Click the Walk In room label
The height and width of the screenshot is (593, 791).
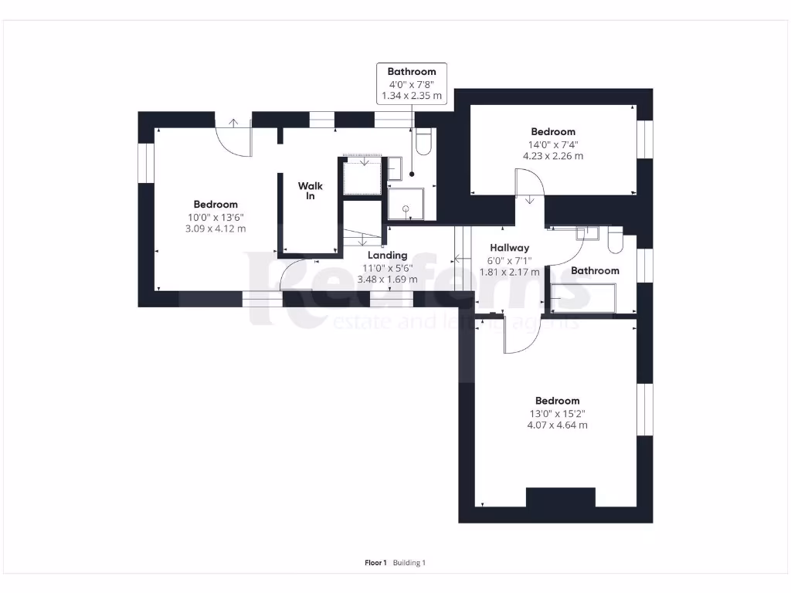pyautogui.click(x=311, y=191)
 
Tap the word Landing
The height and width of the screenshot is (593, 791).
pyautogui.click(x=387, y=256)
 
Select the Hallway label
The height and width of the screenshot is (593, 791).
pyautogui.click(x=509, y=248)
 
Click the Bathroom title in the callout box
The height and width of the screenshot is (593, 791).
pyautogui.click(x=412, y=72)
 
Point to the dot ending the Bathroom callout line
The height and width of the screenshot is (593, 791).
pyautogui.click(x=412, y=175)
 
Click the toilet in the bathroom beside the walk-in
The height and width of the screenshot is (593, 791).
pyautogui.click(x=423, y=142)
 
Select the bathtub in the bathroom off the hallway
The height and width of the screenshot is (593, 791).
pyautogui.click(x=583, y=298)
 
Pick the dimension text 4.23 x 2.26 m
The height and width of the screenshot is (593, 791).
pyautogui.click(x=553, y=156)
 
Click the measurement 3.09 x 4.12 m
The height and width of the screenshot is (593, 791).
pyautogui.click(x=216, y=229)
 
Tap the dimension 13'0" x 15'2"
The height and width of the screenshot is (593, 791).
pyautogui.click(x=557, y=413)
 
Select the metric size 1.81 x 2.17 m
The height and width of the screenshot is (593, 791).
pyautogui.click(x=509, y=272)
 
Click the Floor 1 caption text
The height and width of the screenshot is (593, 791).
pyautogui.click(x=375, y=563)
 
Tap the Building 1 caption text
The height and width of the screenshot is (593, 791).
pyautogui.click(x=409, y=563)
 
